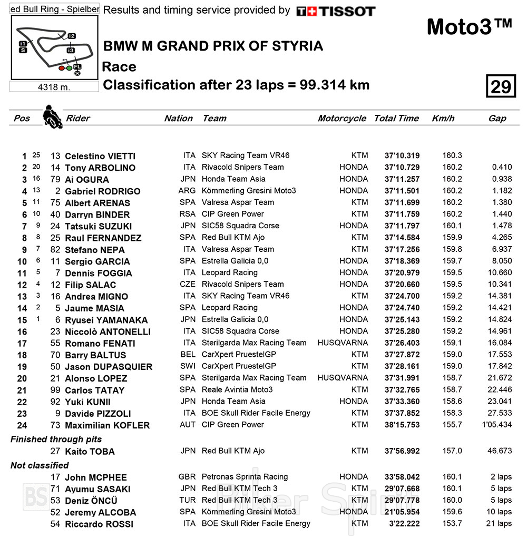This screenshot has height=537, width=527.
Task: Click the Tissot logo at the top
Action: tap(336, 11)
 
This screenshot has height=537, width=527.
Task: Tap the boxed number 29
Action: tap(500, 86)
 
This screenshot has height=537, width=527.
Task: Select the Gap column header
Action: tap(497, 119)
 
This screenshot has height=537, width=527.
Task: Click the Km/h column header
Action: tap(443, 119)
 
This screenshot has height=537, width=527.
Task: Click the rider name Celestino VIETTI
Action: tap(100, 156)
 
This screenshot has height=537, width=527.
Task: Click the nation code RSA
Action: tap(187, 214)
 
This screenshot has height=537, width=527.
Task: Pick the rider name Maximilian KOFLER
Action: tap(107, 425)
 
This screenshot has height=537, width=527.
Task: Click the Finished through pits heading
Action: tap(56, 439)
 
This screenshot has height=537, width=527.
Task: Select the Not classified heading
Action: tap(40, 465)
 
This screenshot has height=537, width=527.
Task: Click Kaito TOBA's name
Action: tap(90, 452)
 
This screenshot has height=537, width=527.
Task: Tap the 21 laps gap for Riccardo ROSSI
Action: tap(498, 523)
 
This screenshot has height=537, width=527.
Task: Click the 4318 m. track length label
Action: tap(54, 87)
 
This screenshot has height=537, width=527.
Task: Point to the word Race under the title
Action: tap(119, 67)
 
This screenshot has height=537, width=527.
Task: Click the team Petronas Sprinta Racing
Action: tap(245, 477)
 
